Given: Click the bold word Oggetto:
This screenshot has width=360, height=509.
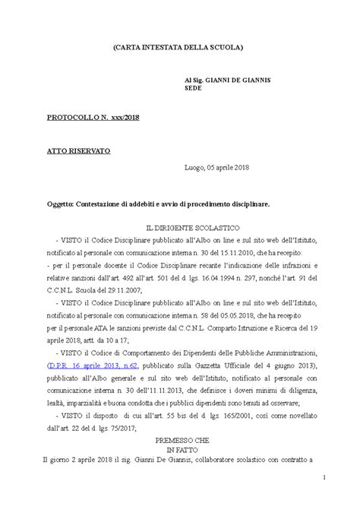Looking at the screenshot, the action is coord(59,204).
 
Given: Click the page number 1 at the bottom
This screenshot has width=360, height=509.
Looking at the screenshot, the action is coord(322,498).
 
